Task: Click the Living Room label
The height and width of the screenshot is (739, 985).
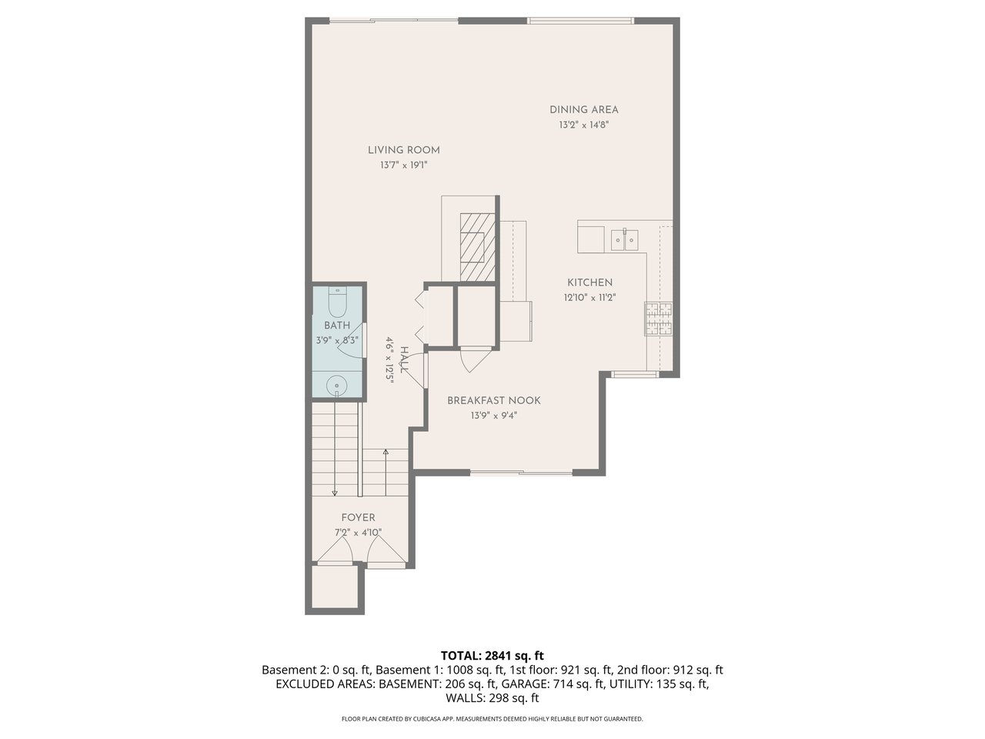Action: coord(403,150)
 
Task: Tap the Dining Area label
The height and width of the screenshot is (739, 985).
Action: coord(583,110)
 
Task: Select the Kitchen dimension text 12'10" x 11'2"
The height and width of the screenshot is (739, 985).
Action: coord(589,297)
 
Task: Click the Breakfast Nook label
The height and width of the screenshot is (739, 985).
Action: coord(493,400)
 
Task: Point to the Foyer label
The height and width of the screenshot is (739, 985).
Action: coord(358,518)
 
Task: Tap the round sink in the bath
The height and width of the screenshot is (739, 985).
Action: coord(336,384)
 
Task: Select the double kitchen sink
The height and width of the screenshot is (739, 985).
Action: coord(624,240)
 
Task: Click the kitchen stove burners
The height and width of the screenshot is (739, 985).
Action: coord(657,319)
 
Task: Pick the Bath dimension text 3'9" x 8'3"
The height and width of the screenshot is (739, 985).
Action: coord(336,339)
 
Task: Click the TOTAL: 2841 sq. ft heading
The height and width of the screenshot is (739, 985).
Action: coord(492,656)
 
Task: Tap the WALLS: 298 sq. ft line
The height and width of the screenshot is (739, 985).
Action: coord(492,698)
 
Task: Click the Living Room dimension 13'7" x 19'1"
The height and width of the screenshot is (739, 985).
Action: coord(403,165)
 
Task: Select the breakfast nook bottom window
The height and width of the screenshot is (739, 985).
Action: coord(520,471)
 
